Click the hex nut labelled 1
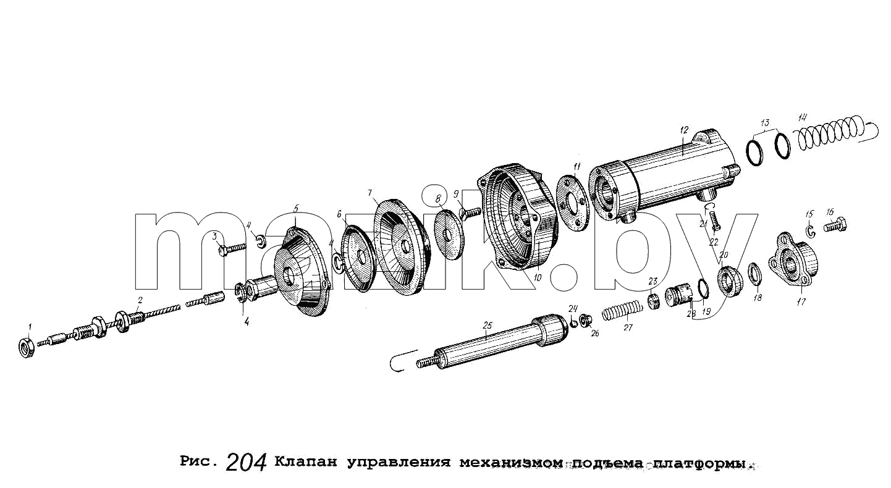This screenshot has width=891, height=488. (x=27, y=348)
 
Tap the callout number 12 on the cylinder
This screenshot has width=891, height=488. (x=683, y=130)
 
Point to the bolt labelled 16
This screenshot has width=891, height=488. (x=835, y=225)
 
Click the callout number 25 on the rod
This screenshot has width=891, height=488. (x=488, y=326)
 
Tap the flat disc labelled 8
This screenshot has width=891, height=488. (x=449, y=234)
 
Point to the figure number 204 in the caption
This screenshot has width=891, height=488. (x=246, y=463)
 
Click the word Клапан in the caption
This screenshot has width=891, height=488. (x=306, y=463)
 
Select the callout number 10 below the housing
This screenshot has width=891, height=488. (x=538, y=278)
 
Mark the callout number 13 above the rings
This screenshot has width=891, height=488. (x=765, y=122)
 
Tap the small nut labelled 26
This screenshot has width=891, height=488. (x=585, y=320)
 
